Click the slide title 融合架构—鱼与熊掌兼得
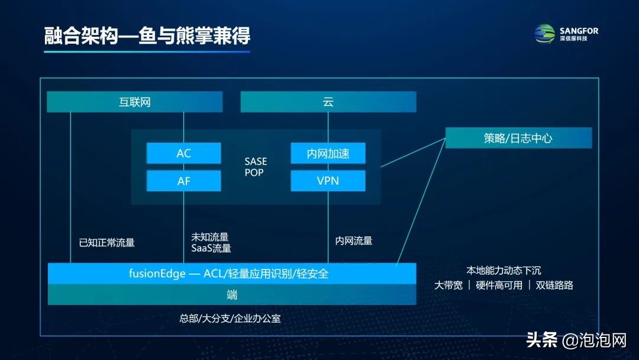(x=147, y=36)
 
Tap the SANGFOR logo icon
(x=545, y=34)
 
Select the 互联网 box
(x=135, y=102)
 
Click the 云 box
(x=328, y=102)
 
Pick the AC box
(x=183, y=153)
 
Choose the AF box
(x=183, y=181)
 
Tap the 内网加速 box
(x=328, y=153)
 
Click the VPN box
(x=328, y=181)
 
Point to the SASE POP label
(x=256, y=167)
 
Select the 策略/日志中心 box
(x=518, y=138)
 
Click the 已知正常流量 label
(x=106, y=242)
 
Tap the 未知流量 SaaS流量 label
(x=211, y=243)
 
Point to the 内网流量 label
(x=354, y=241)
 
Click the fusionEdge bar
(x=231, y=274)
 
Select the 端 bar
(x=231, y=294)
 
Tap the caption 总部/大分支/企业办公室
(x=230, y=319)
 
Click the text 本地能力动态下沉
(x=504, y=270)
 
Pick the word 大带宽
(x=448, y=285)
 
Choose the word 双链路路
(x=554, y=285)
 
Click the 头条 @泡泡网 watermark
(x=576, y=340)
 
